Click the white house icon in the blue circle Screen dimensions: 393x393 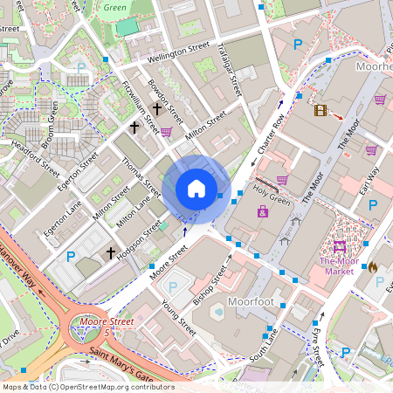click(x=196, y=189)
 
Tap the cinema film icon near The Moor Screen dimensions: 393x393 click(x=321, y=110)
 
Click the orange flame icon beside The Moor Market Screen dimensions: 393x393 click(x=373, y=266)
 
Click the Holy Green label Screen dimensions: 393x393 click(x=271, y=199)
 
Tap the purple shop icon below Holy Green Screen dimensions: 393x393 click(x=262, y=212)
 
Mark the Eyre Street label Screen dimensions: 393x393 click(x=316, y=343)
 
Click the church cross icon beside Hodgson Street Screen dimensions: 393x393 click(x=111, y=253)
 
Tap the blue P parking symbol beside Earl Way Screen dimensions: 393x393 click(x=374, y=204)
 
